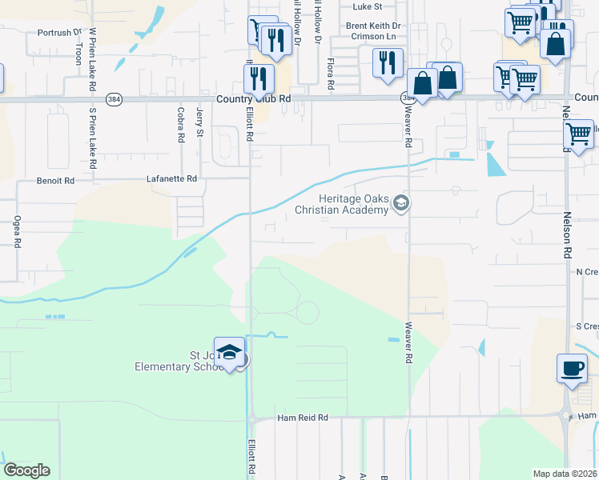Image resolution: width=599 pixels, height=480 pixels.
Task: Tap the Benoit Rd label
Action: pyautogui.click(x=55, y=181)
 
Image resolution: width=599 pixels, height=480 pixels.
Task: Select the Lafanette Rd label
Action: pyautogui.click(x=171, y=179)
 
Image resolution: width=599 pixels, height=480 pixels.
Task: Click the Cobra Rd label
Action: pyautogui.click(x=182, y=126)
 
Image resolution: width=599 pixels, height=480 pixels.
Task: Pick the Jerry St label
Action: pyautogui.click(x=199, y=124)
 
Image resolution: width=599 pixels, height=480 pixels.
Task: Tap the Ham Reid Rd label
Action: pyautogui.click(x=303, y=418)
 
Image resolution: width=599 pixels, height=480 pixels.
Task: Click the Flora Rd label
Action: pyautogui.click(x=330, y=72)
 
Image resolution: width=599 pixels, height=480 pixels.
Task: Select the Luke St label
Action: pyautogui.click(x=368, y=6)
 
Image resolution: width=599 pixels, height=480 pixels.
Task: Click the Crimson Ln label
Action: pyautogui.click(x=381, y=37)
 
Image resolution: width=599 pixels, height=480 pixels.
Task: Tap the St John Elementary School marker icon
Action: pyautogui.click(x=229, y=354)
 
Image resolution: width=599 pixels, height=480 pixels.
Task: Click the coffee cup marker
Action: pyautogui.click(x=570, y=368)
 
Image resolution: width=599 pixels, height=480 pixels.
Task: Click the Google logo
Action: pyautogui.click(x=26, y=470)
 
